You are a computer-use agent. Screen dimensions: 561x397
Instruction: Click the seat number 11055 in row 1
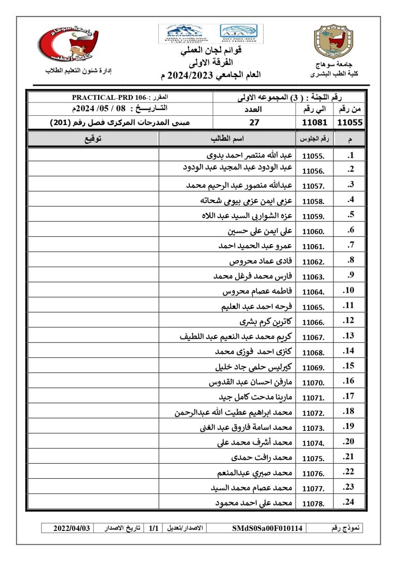313,156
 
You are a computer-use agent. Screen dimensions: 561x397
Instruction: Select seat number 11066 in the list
313,323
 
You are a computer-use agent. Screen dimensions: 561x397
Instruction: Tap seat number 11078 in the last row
313,503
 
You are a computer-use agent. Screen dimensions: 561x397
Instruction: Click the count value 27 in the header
254,123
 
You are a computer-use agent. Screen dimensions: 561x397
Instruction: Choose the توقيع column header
93,139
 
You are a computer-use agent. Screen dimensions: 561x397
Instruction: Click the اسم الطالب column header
227,139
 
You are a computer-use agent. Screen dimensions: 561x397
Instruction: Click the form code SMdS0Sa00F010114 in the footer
268,528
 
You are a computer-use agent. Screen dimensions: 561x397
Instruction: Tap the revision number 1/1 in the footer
154,528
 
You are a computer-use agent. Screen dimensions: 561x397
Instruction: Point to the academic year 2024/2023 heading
201,75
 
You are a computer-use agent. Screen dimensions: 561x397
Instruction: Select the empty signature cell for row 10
93,291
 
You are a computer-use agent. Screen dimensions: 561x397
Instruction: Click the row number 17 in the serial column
349,397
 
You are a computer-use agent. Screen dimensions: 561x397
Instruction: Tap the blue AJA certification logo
241,33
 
